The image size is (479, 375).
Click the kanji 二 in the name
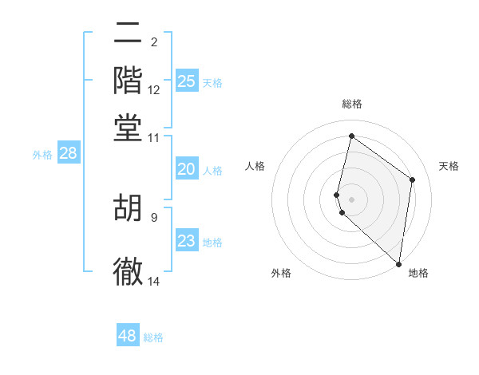coord(128,35)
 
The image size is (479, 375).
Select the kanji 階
coord(128,81)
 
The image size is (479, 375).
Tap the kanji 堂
coord(128,127)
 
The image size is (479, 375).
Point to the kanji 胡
coord(128,208)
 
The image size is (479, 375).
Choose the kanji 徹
coord(128,270)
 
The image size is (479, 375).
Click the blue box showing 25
coord(186,81)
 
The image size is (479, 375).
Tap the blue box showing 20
coord(186,169)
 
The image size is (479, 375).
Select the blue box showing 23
coord(186,241)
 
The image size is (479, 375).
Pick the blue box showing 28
coord(68,154)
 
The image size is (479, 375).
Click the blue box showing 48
coord(128,336)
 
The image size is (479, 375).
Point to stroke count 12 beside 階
coord(154,90)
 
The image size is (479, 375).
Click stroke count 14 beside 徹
coord(154,281)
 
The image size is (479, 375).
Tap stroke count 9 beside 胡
coord(154,216)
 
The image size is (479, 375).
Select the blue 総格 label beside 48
coord(153,337)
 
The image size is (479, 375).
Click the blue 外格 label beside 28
coord(42,156)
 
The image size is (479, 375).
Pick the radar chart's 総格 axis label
coord(351,104)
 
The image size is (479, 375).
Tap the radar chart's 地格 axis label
coord(418,273)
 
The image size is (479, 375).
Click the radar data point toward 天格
coord(412,180)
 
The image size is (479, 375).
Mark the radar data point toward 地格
coord(398,264)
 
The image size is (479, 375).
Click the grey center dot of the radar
coord(351,199)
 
